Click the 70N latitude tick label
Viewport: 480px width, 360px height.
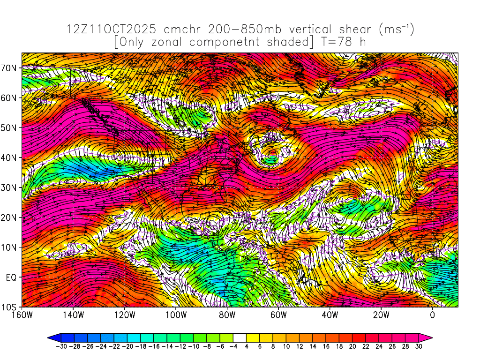pyautogui.click(x=9, y=68)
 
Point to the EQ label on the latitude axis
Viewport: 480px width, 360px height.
pyautogui.click(x=12, y=277)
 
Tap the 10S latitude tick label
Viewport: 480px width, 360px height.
pyautogui.click(x=10, y=307)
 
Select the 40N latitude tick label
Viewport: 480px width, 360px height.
pyautogui.click(x=9, y=158)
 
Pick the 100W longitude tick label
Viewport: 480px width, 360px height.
pyautogui.click(x=176, y=315)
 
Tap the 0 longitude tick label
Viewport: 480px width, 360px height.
pyautogui.click(x=432, y=315)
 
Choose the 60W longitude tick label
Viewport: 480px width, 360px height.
pyautogui.click(x=278, y=315)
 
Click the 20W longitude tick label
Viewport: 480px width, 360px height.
pyautogui.click(x=381, y=315)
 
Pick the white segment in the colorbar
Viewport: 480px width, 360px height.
pyautogui.click(x=240, y=337)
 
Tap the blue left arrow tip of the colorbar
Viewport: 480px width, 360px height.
pyautogui.click(x=52, y=337)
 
